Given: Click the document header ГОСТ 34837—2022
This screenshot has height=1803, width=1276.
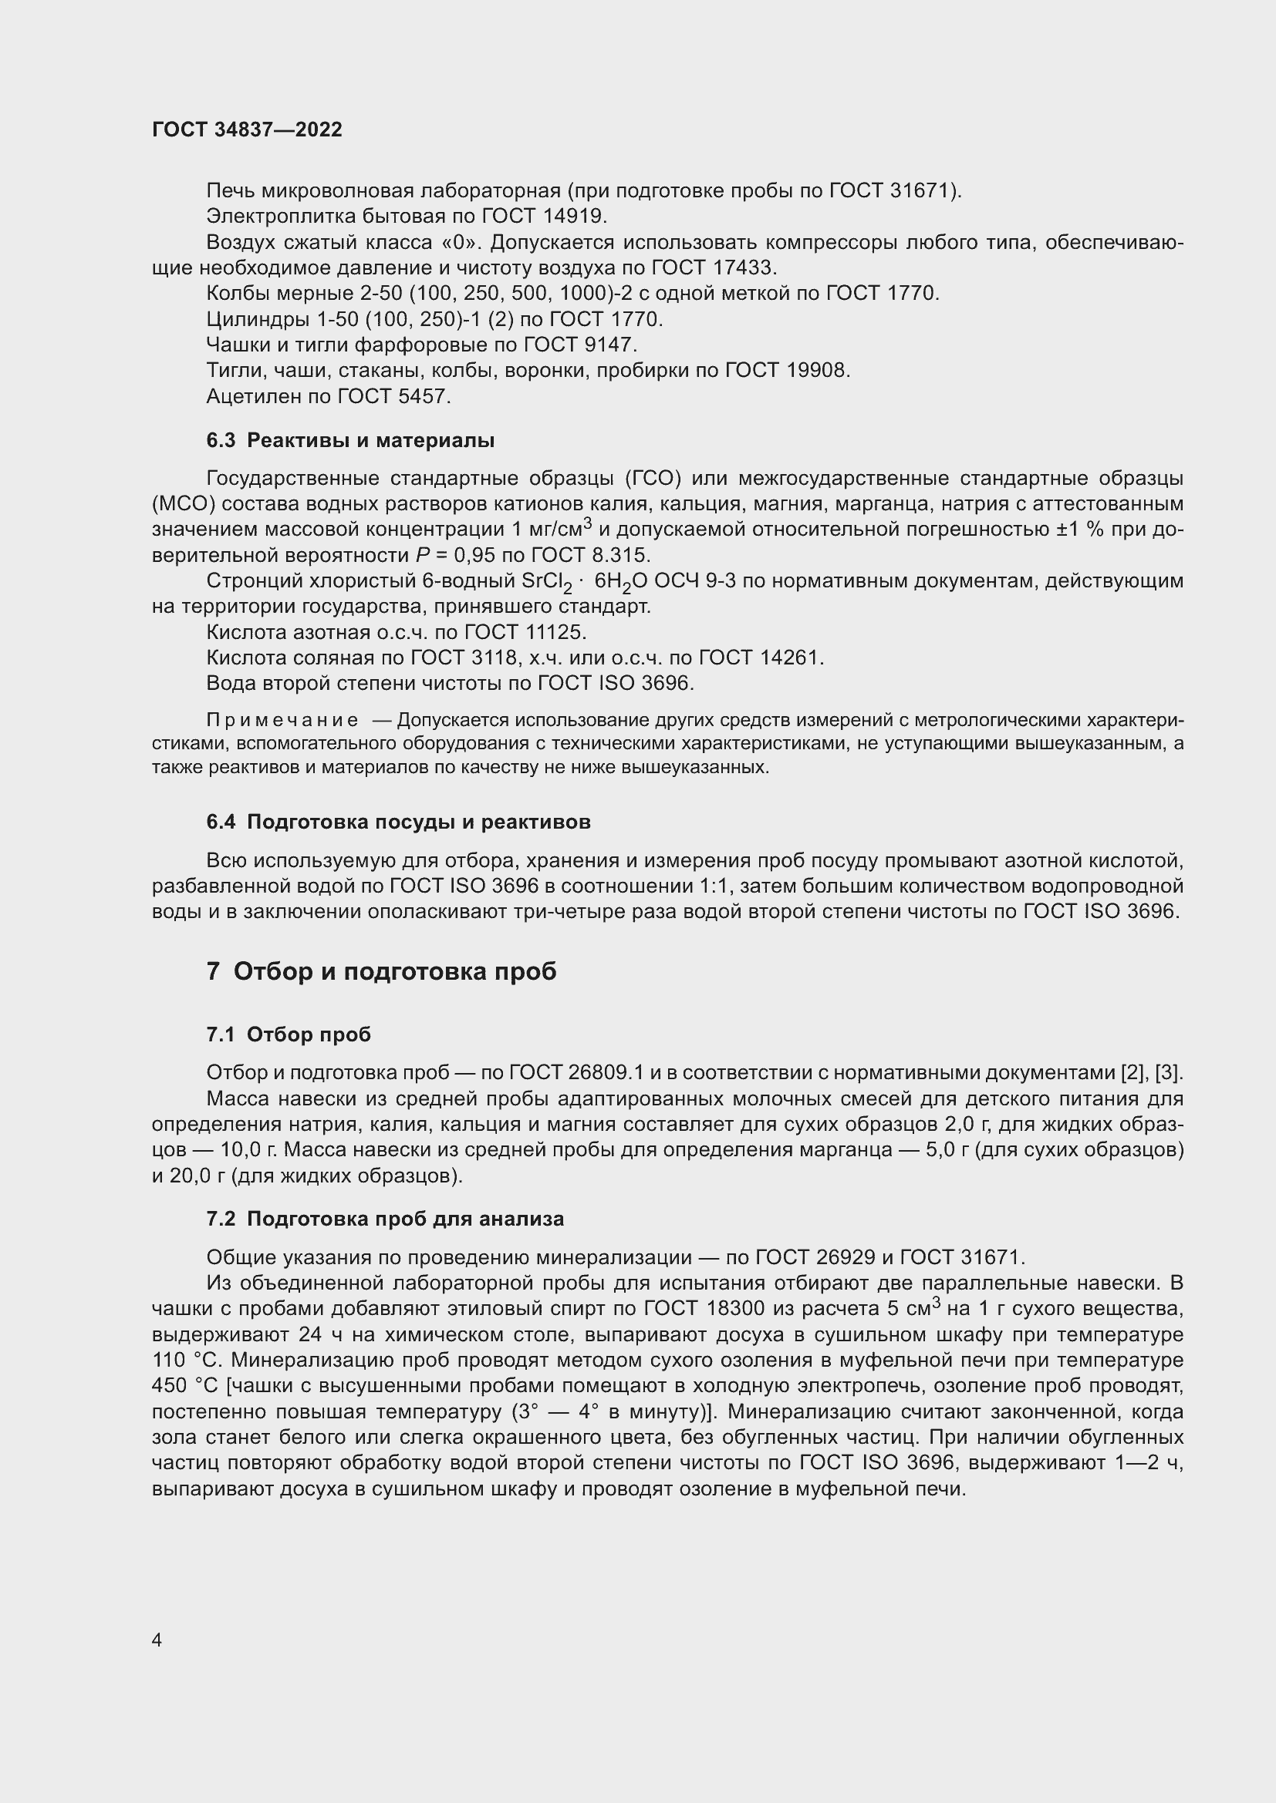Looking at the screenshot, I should pos(247,130).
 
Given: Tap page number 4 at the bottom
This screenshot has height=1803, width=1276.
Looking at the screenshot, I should pos(157,1640).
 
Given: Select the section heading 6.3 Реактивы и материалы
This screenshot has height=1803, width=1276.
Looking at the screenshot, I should pos(350,441).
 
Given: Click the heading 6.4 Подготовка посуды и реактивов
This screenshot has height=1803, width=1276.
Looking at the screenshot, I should pos(398,822).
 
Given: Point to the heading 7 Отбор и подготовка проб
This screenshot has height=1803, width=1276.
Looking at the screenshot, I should pos(382,972).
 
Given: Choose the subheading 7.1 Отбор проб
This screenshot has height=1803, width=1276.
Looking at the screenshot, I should pos(289,1035).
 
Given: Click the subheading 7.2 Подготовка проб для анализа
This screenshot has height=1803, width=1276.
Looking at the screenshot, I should pos(385,1219).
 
